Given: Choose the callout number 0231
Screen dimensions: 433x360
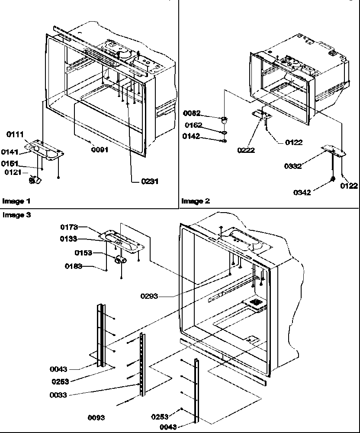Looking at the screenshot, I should click(149, 181).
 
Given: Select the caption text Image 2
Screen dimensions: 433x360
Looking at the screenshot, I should click(195, 201).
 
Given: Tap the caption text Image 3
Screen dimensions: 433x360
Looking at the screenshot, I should click(16, 215).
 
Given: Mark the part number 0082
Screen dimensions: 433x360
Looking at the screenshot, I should click(192, 114).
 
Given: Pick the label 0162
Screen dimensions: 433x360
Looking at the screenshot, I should click(194, 126).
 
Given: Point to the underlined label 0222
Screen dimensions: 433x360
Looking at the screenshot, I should click(246, 150).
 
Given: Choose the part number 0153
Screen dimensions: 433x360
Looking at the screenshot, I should click(83, 252).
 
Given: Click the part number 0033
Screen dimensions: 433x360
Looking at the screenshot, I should click(58, 395).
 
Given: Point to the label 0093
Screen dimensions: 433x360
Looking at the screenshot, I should click(96, 418).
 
